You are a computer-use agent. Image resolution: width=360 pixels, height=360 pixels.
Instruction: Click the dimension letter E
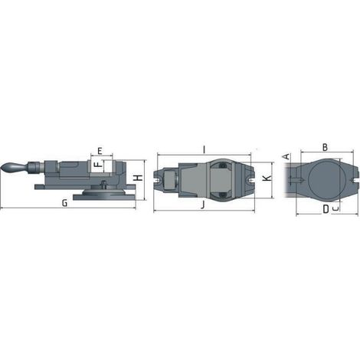click(100, 151)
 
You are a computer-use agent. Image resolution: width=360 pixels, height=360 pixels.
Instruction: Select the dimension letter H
click(139, 178)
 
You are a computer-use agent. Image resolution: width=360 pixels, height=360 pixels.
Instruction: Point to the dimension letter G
click(65, 203)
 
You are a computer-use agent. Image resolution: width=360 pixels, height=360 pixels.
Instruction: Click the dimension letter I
click(204, 150)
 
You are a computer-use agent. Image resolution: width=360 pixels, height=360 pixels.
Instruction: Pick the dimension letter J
click(203, 205)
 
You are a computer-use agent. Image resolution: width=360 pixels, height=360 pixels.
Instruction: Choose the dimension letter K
click(267, 178)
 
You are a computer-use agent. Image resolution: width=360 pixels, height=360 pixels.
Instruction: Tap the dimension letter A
click(287, 156)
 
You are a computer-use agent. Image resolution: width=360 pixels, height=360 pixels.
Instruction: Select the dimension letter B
click(325, 147)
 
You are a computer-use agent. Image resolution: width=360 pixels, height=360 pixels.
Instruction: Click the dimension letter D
click(326, 209)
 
